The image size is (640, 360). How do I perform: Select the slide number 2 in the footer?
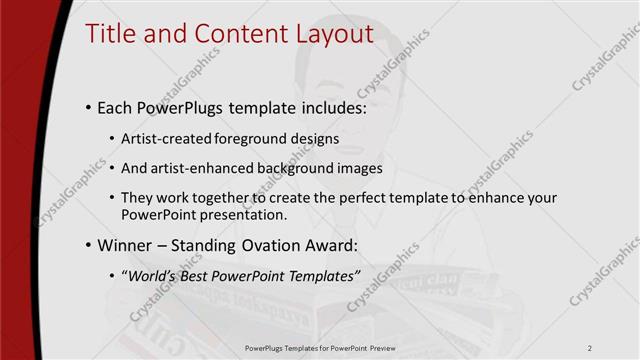pyautogui.click(x=590, y=347)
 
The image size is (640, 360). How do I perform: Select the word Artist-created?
pyautogui.click(x=163, y=138)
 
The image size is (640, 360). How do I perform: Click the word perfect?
pyautogui.click(x=336, y=198)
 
